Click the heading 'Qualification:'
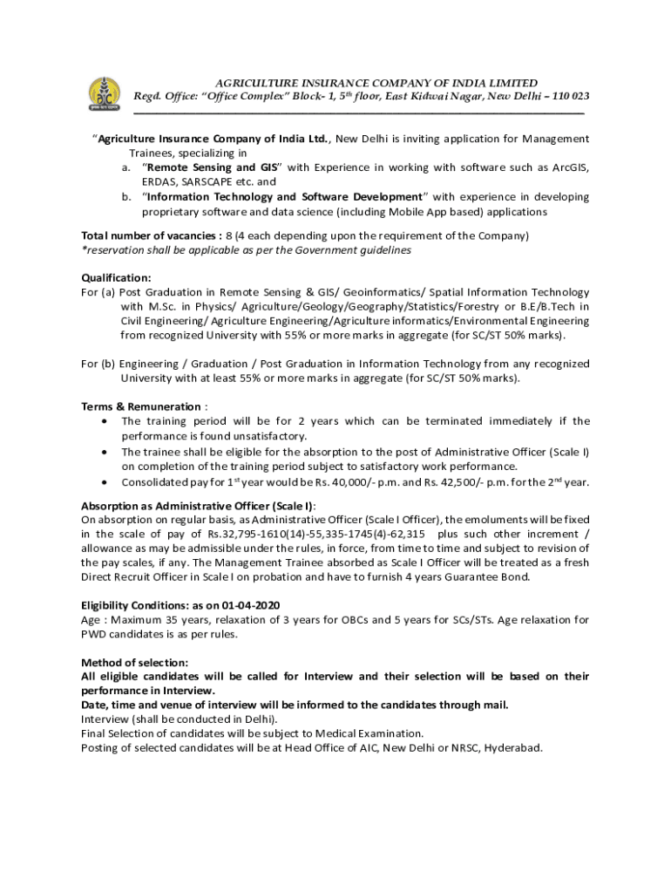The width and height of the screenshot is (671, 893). click(x=116, y=277)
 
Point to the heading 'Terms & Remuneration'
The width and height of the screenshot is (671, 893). click(x=141, y=406)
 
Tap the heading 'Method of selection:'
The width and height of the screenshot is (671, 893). click(x=134, y=662)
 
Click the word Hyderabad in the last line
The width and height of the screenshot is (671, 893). click(x=513, y=747)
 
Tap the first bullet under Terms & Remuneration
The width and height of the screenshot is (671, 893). click(x=105, y=421)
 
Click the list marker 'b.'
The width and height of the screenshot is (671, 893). click(x=127, y=197)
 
